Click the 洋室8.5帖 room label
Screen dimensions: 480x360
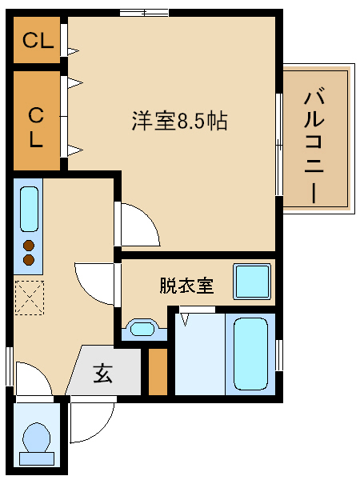click(x=180, y=122)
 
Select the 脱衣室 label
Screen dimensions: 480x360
click(x=186, y=286)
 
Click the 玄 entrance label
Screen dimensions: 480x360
click(x=103, y=373)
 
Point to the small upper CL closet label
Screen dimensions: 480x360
click(x=37, y=41)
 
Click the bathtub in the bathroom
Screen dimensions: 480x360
click(x=250, y=353)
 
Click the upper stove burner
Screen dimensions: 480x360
click(x=29, y=245)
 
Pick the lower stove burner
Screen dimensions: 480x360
click(x=29, y=259)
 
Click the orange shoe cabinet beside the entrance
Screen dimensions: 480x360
click(x=158, y=372)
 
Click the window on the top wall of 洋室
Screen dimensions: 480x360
click(x=145, y=11)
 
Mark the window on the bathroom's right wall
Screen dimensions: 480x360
click(x=279, y=355)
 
